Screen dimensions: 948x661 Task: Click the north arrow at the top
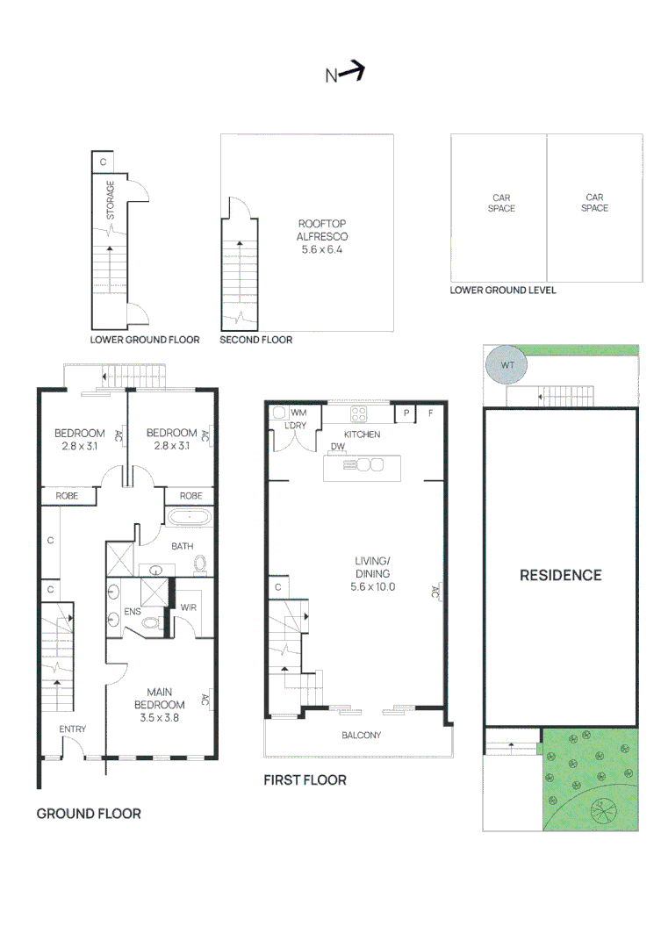point(345,74)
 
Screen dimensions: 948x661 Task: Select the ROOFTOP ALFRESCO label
point(323,230)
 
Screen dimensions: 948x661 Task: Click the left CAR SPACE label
point(501,203)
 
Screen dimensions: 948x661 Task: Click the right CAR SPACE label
point(594,203)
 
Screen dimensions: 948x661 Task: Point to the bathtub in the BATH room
point(188,519)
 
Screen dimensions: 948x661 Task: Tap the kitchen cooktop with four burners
point(361,414)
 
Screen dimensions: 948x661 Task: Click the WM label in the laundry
point(298,412)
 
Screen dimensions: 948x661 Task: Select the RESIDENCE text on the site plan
point(560,575)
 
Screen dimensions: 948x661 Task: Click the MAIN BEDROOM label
point(160,699)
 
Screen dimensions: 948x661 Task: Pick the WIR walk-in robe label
point(188,607)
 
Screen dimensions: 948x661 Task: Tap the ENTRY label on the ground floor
point(73,729)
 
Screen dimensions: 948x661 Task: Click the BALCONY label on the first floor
point(361,736)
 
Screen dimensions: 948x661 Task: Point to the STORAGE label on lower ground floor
point(111,200)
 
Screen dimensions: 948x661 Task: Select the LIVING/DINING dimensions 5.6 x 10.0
point(361,585)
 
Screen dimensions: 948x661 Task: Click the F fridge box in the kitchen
point(430,413)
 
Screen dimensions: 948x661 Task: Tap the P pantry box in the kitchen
point(406,413)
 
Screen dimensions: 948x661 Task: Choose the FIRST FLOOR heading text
point(305,779)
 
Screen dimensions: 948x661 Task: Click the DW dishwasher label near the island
point(337,447)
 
